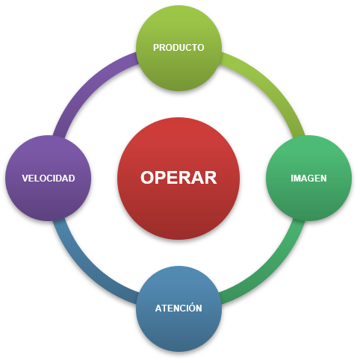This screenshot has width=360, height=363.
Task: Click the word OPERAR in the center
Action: (x=179, y=178)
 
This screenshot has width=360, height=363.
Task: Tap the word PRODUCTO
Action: (x=179, y=48)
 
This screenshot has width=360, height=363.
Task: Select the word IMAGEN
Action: (x=308, y=179)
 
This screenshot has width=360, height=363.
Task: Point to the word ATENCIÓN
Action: (x=179, y=307)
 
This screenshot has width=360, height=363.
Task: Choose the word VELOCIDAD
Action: (x=49, y=179)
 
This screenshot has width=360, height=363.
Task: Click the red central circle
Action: (x=179, y=179)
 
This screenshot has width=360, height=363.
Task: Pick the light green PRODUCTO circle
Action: (x=179, y=48)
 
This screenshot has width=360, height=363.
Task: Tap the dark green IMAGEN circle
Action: (x=309, y=179)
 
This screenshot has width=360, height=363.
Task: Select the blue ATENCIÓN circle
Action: (x=179, y=308)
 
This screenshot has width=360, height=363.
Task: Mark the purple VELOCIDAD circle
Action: (x=49, y=179)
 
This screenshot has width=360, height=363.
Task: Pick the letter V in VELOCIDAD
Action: (x=25, y=179)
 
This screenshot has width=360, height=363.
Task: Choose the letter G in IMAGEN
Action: (x=311, y=179)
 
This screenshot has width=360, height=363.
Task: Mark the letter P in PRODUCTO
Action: (x=156, y=48)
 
